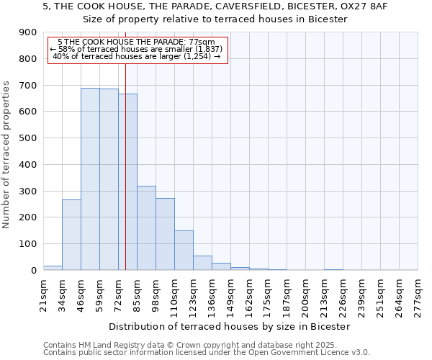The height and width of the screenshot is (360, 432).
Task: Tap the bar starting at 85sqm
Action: pyautogui.click(x=146, y=228)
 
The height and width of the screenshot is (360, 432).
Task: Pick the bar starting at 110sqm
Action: pyautogui.click(x=184, y=250)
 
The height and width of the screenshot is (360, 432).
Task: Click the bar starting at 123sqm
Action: pyautogui.click(x=202, y=263)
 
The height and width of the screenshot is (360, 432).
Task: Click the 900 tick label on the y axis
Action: pyautogui.click(x=27, y=32)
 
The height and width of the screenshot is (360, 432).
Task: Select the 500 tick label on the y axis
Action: pyautogui.click(x=27, y=138)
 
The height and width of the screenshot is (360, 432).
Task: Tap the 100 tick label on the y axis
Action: pyautogui.click(x=27, y=244)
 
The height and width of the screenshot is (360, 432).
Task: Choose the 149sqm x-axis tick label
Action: pyautogui.click(x=231, y=294)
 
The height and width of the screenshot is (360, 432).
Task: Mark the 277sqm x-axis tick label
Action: pyautogui.click(x=418, y=294)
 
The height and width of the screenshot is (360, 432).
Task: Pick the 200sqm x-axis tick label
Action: pyautogui.click(x=306, y=294)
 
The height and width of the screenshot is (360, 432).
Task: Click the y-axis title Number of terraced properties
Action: pyautogui.click(x=7, y=155)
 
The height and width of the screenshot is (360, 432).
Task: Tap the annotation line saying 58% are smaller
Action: pyautogui.click(x=136, y=49)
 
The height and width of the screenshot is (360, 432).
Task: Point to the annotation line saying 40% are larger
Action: pyautogui.click(x=136, y=56)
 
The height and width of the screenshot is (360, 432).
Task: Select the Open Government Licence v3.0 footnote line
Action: pyautogui.click(x=207, y=352)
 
